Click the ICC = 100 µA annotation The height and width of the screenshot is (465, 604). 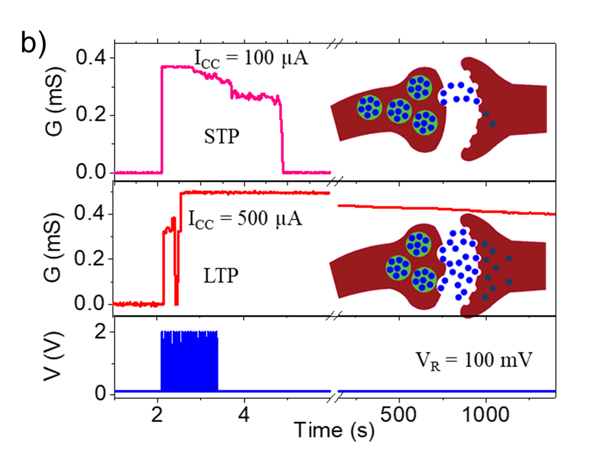pyautogui.click(x=251, y=58)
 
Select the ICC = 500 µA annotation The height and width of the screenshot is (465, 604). pyautogui.click(x=245, y=219)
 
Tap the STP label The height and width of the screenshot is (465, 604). pyautogui.click(x=221, y=136)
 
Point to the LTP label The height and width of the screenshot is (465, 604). pyautogui.click(x=221, y=276)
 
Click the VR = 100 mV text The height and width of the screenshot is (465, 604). pyautogui.click(x=474, y=361)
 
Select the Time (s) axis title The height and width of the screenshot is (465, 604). pyautogui.click(x=334, y=430)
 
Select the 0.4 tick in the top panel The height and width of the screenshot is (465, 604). pyautogui.click(x=91, y=58)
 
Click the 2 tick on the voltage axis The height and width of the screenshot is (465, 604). pyautogui.click(x=100, y=331)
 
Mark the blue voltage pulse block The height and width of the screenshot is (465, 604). pyautogui.click(x=189, y=361)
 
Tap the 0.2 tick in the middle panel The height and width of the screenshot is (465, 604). pyautogui.click(x=90, y=259)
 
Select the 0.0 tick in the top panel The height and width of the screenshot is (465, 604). pyautogui.click(x=91, y=172)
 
